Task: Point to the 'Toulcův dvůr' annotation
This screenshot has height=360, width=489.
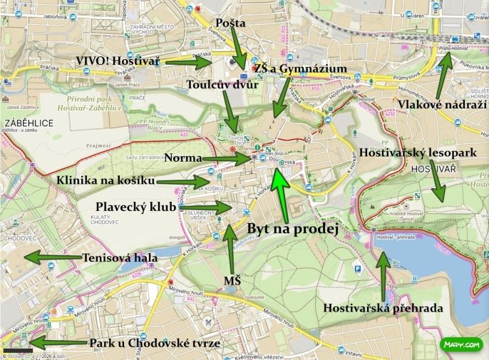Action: [221, 85]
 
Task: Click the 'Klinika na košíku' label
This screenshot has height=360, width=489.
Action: [105, 181]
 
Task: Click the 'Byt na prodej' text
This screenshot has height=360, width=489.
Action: [292, 230]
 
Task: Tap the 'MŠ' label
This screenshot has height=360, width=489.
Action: [232, 281]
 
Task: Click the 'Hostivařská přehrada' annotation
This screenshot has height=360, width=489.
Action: [384, 309]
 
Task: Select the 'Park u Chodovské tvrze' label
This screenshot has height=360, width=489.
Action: [155, 344]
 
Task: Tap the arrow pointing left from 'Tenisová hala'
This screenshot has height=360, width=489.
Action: [50, 257]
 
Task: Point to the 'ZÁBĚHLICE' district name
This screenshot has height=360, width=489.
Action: [29, 123]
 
